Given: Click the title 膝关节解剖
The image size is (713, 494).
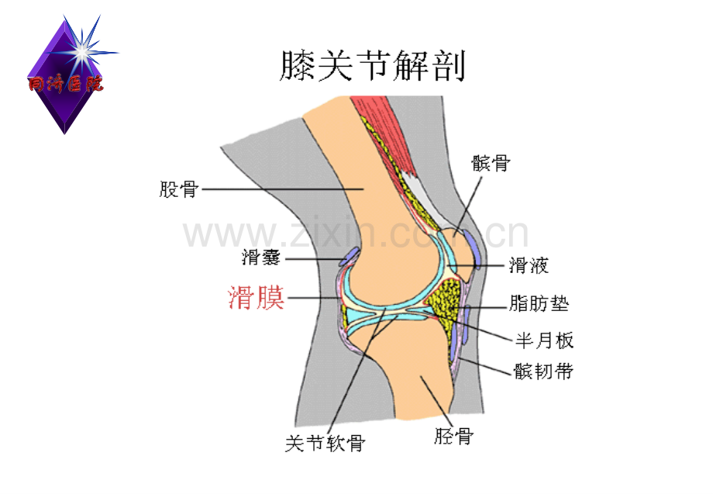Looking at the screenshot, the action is coord(373,66).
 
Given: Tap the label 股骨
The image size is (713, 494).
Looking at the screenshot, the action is coord(178,189).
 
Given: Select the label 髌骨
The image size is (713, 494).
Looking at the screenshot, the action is coord(491,163).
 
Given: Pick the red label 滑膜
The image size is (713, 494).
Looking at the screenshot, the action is coord(256,298).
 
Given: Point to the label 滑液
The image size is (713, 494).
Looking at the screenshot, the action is coord(529,265).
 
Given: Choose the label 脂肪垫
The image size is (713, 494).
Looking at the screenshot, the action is coord(539,303).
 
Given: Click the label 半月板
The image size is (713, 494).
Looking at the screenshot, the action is coord(544,340).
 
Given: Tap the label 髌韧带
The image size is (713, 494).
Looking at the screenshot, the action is coord(543,371).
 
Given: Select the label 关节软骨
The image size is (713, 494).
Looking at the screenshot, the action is coord(325,443).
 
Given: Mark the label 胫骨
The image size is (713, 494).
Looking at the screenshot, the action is coord(454,436).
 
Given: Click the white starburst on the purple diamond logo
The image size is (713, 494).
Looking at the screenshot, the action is coord(83,52).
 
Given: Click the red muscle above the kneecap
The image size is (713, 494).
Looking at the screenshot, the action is coord(382,132).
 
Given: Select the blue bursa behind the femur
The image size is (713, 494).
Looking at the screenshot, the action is coord(350,256).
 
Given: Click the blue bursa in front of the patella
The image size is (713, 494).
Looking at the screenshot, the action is coord(473,249).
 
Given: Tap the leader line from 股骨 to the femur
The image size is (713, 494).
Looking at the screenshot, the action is coord(282,189).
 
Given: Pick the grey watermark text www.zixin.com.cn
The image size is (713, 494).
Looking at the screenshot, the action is coord(356,233).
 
